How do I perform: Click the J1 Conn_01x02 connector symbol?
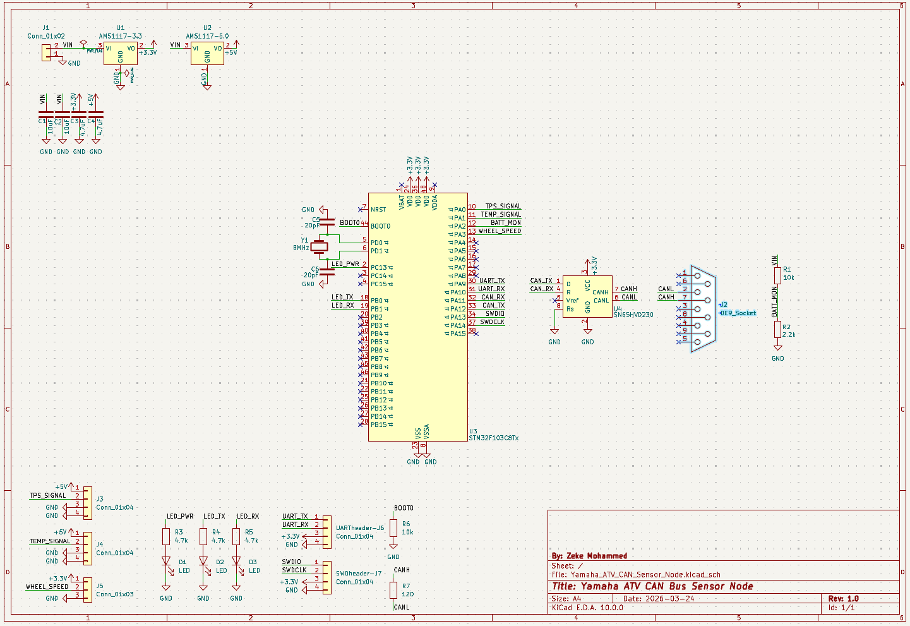[x=46, y=52]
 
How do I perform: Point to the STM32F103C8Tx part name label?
[x=494, y=438]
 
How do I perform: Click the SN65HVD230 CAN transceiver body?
[x=587, y=296]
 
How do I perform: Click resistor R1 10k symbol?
[x=777, y=275]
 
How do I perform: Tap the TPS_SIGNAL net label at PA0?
[x=503, y=206]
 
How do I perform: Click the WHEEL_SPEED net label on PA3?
[x=500, y=231]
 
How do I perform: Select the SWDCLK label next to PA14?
[x=492, y=322]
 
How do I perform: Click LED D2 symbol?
[x=203, y=561]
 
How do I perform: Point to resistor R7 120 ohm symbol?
[x=393, y=590]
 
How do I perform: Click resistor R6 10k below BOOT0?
[x=393, y=528]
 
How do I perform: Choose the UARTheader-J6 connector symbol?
[x=326, y=531]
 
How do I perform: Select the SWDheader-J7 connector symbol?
[x=326, y=577]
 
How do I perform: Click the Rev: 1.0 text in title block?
[x=844, y=598]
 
